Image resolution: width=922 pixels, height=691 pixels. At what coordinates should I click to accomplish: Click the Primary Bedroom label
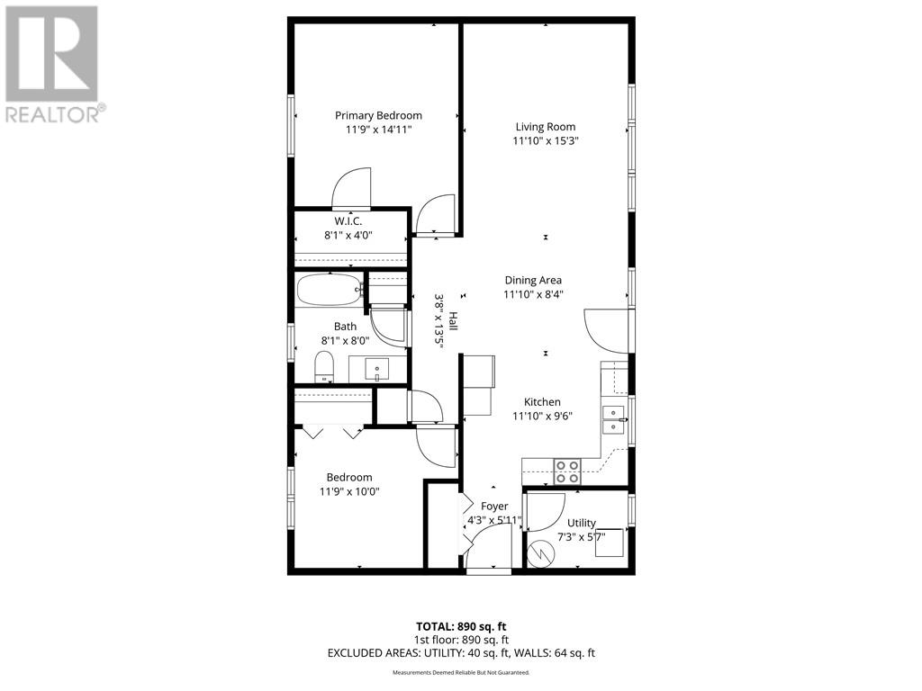378,115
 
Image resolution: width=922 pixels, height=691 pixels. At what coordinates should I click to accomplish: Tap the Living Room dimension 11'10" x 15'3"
545,141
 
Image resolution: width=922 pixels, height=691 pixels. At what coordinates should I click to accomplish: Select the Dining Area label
533,280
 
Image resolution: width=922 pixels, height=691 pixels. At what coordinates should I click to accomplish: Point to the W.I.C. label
348,220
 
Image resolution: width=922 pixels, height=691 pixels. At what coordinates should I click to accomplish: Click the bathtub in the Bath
330,290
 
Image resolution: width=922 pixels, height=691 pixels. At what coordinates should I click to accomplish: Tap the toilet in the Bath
324,366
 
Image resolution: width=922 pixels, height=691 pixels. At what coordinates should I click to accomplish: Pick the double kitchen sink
614,419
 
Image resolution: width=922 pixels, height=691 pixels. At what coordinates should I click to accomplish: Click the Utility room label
581,523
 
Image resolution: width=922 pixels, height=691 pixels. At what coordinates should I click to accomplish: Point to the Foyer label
494,507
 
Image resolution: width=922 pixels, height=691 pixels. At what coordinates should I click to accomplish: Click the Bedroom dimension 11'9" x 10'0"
349,491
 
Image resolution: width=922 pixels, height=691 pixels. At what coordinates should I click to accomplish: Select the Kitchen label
543,402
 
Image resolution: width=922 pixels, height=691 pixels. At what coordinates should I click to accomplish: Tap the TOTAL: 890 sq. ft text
461,626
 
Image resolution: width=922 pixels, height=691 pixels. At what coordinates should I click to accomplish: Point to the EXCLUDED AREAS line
461,652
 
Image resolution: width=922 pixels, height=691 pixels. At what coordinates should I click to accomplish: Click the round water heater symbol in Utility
543,552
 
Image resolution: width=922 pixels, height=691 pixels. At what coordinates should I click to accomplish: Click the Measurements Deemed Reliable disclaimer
461,672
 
